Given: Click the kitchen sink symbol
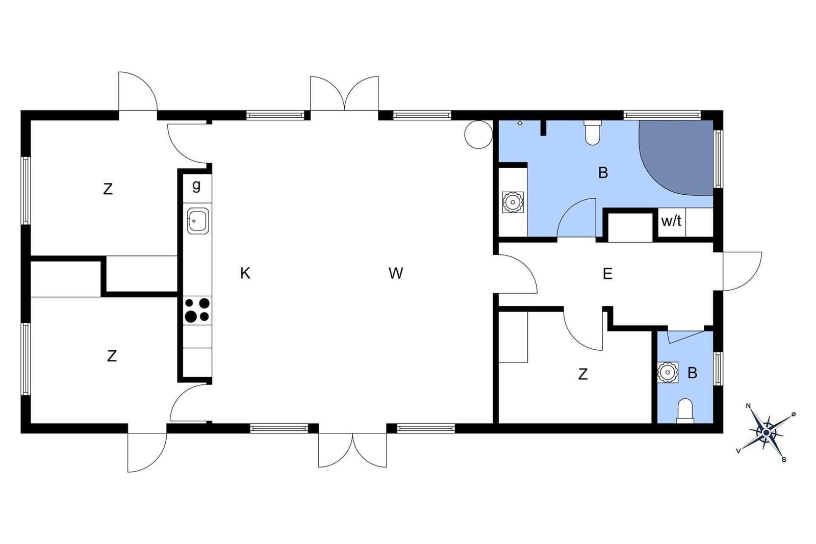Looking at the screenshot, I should click(198, 221).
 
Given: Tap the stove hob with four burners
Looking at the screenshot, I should click(197, 309).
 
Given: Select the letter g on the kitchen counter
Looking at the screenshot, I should click(196, 185).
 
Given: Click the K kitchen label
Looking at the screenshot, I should click(245, 274).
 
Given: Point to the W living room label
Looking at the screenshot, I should click(396, 274).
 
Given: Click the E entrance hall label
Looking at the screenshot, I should click(607, 274).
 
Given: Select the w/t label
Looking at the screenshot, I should click(671, 221).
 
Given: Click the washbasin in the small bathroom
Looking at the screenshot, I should click(667, 373).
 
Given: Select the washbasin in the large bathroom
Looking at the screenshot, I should click(512, 202).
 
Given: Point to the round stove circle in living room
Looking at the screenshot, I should click(478, 134).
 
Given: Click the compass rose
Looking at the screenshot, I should click(766, 433).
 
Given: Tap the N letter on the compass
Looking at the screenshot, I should click(749, 406).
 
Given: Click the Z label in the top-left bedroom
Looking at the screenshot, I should click(108, 189).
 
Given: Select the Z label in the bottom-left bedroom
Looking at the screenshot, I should click(112, 356).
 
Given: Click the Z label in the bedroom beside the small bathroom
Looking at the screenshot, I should click(583, 375).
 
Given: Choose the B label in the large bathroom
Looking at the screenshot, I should click(603, 173).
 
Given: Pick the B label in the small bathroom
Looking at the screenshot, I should click(692, 373).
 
